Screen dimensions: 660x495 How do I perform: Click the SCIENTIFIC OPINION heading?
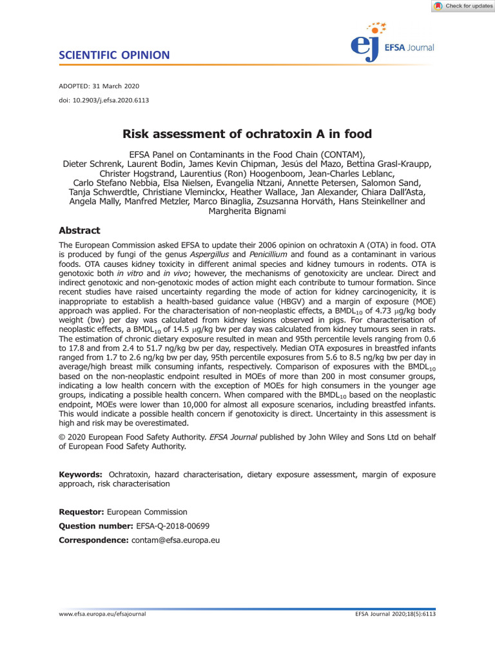[114, 55]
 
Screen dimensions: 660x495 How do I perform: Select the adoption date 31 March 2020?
[119, 86]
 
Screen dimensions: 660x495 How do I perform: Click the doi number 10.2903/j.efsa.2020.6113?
[112, 100]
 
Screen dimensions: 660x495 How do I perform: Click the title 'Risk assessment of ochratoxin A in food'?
[247, 134]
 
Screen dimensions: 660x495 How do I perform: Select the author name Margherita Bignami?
[247, 211]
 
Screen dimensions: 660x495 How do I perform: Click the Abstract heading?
[79, 231]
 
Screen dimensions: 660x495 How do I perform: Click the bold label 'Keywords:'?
[81, 474]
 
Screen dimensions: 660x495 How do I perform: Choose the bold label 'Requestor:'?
[81, 512]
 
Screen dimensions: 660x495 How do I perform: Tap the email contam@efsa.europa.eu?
[175, 540]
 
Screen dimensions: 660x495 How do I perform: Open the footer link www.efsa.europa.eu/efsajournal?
[102, 614]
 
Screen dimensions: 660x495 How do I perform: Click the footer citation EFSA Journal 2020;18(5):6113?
[395, 614]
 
